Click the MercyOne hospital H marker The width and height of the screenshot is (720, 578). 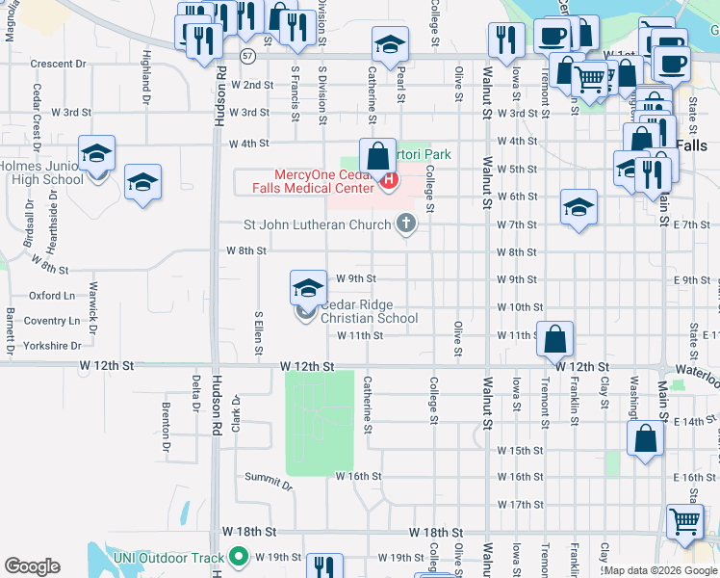pos(389,180)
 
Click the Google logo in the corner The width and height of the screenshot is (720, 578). pos(32,566)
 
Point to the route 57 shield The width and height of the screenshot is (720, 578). pos(248,55)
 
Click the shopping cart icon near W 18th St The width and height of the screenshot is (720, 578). pos(684,521)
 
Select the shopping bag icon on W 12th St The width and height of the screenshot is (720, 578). pos(556,339)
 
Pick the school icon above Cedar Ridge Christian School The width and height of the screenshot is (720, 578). pos(308,286)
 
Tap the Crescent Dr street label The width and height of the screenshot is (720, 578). pos(58,64)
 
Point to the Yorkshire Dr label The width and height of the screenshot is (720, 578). pos(53,345)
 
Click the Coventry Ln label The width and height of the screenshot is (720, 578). pos(52,321)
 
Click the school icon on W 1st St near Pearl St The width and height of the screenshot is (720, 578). pos(390,43)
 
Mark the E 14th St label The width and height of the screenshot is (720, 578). pos(696,422)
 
